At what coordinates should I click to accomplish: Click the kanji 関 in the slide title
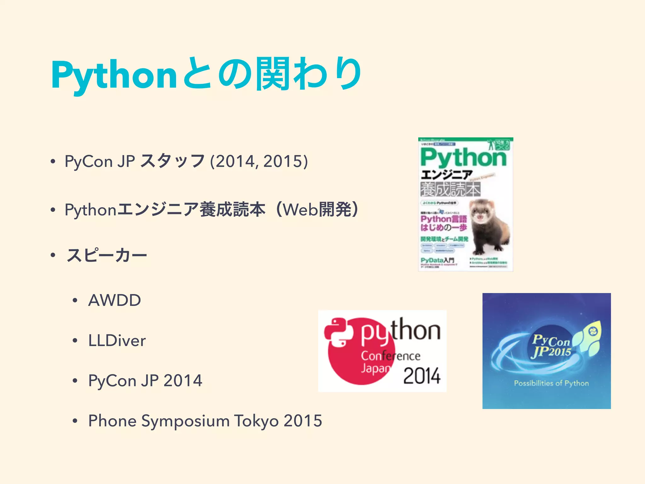click(x=272, y=74)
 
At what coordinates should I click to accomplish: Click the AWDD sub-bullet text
click(x=115, y=300)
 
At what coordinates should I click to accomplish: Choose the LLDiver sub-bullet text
click(x=117, y=341)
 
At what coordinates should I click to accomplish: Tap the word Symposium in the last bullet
click(x=186, y=421)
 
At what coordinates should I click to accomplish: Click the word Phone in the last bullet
click(x=112, y=421)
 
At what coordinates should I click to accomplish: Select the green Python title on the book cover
click(x=463, y=158)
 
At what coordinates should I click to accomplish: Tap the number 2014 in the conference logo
click(x=422, y=376)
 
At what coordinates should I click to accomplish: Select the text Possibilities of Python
click(x=551, y=383)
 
